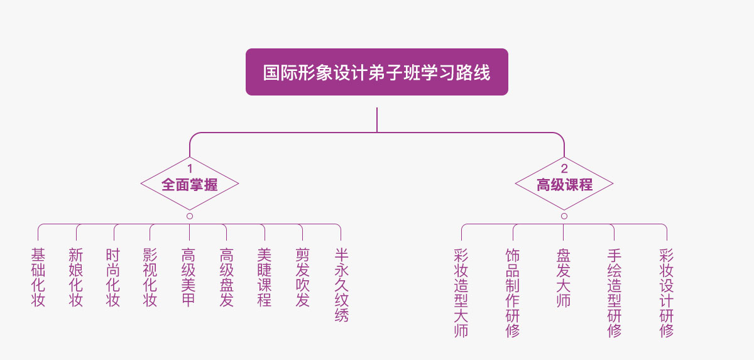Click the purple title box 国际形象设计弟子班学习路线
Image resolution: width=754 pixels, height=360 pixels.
[x=376, y=72]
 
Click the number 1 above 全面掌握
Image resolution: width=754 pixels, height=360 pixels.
[x=189, y=168]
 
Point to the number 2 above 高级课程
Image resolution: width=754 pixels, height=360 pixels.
[x=564, y=168]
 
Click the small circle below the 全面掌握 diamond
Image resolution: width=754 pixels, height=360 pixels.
[x=190, y=216]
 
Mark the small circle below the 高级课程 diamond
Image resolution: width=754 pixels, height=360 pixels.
[x=564, y=216]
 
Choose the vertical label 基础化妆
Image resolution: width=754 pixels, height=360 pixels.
[x=38, y=277]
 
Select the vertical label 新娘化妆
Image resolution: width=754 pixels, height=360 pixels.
[x=76, y=277]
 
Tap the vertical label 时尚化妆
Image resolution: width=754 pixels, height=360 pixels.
[x=113, y=277]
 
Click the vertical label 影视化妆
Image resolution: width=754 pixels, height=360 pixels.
[x=150, y=277]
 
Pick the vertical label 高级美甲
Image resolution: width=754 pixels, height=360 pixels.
[x=188, y=277]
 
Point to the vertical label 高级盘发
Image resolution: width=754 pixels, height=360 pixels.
[x=227, y=277]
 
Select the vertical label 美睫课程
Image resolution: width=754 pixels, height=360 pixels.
[x=265, y=277]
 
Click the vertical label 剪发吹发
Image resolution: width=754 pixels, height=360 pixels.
[x=303, y=277]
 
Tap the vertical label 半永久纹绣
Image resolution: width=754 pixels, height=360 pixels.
[x=341, y=285]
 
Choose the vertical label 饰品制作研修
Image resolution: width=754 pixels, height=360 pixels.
[x=513, y=292]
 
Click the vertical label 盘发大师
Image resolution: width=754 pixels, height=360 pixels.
[x=564, y=277]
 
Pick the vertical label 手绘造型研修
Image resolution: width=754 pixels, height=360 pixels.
[x=615, y=292]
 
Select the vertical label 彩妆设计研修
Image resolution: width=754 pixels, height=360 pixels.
[x=666, y=292]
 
